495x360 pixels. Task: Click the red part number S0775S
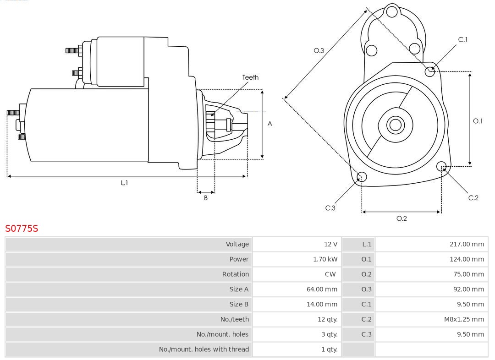point(22,228)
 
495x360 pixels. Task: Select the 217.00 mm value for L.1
point(467,244)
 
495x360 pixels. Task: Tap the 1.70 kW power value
point(325,259)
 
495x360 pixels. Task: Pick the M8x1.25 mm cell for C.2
point(464,319)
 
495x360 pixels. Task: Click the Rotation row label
point(236,274)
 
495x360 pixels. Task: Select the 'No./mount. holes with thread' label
point(204,349)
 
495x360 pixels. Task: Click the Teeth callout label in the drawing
point(250,77)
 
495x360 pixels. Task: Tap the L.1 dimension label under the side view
point(124,183)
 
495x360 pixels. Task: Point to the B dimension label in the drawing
point(206,198)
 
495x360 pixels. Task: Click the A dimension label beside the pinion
point(270,124)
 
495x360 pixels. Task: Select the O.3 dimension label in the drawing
point(319,50)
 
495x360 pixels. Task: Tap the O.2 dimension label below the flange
point(401,218)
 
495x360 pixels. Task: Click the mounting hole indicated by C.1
point(430,71)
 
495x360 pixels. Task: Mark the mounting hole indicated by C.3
point(362,177)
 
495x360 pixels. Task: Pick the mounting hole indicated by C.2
point(441,166)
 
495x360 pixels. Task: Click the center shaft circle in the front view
point(395,125)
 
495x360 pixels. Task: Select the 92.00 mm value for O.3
point(468,289)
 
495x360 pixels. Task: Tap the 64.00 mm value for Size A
point(322,289)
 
